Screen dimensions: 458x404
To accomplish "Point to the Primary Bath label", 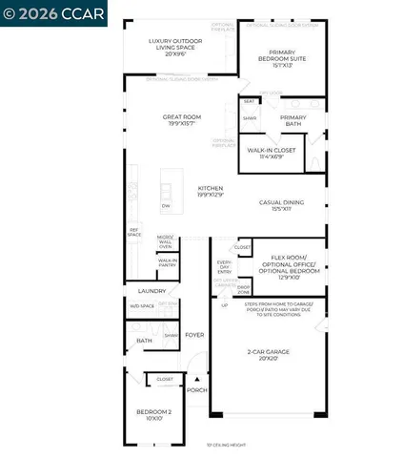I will point(293,122).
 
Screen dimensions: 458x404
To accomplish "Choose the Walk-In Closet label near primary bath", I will point(269,154).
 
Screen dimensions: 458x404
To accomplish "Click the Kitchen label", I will point(210,191).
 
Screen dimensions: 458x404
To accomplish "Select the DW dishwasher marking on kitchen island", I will point(165,206).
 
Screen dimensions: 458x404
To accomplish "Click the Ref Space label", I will point(134,233).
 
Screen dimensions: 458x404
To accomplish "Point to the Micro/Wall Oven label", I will point(165,240).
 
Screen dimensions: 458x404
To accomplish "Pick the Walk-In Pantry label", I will point(168,262).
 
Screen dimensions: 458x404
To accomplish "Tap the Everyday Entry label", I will point(225,267).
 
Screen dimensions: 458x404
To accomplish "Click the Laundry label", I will point(152,291).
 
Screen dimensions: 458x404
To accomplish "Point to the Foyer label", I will point(194,335).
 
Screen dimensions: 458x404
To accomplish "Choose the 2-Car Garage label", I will point(266,355).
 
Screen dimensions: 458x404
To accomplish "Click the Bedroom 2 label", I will point(153,415).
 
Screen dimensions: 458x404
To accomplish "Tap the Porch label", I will point(196,389).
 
